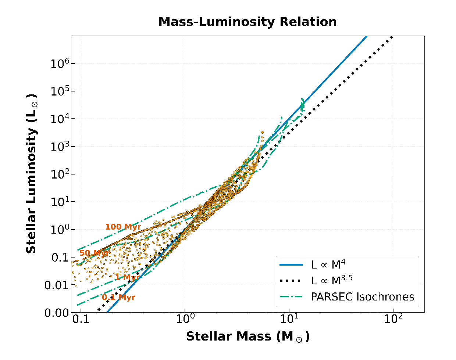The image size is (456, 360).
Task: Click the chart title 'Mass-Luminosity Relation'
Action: coord(247,22)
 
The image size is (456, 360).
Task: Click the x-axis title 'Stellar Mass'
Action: coord(247,336)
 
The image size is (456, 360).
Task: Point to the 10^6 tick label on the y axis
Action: coord(58,64)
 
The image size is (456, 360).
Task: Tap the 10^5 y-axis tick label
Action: coord(58,91)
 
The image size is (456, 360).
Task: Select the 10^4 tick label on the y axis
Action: coord(58,119)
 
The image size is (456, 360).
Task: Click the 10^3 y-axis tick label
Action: coord(58,147)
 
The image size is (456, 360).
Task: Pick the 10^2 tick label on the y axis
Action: coord(58,174)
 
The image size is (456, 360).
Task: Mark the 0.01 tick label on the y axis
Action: coord(57,285)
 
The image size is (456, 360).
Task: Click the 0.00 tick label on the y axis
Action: coord(57,313)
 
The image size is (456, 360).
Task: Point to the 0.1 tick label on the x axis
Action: coord(81,319)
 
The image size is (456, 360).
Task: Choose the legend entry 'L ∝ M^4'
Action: coord(328,264)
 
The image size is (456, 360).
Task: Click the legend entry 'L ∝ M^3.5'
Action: coord(331,281)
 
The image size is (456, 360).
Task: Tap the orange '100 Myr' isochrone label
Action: coord(123,227)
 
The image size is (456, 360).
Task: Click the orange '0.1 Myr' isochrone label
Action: coord(118,298)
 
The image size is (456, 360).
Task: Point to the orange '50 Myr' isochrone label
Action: coord(94,253)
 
